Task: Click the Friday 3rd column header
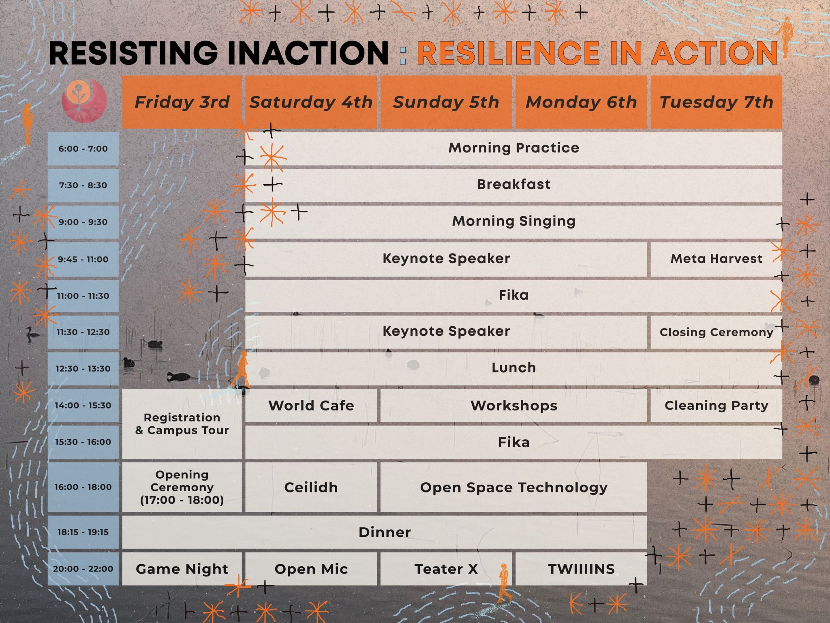click(x=182, y=102)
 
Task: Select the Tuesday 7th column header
click(x=716, y=102)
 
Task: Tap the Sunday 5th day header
click(x=446, y=102)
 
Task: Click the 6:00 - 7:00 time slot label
click(x=83, y=148)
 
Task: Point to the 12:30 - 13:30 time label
click(x=83, y=369)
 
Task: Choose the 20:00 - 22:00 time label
click(x=83, y=569)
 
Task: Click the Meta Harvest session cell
click(x=716, y=259)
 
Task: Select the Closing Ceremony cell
click(x=716, y=332)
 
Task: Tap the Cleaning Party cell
click(x=716, y=405)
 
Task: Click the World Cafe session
click(x=311, y=405)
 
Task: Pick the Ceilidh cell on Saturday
click(x=311, y=487)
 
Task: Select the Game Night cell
click(x=182, y=569)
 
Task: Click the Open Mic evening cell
click(x=311, y=569)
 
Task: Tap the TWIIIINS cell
click(x=581, y=569)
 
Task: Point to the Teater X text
click(x=446, y=569)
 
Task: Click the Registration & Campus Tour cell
click(x=182, y=424)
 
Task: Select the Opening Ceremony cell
click(x=182, y=487)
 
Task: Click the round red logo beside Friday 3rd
click(x=84, y=101)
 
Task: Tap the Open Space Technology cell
click(x=513, y=487)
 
